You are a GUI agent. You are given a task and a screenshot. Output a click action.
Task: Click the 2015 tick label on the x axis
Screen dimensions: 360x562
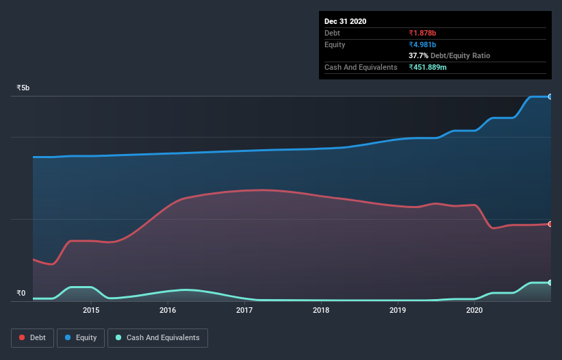(x=91, y=310)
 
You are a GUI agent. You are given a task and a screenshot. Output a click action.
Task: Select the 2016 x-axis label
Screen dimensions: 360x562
(x=168, y=310)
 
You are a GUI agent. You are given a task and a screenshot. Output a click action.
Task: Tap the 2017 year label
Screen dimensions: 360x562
(x=244, y=310)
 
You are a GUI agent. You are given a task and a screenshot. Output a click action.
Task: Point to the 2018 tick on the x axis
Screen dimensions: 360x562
(x=321, y=310)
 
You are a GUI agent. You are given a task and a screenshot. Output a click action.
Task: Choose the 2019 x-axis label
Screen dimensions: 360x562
(x=398, y=310)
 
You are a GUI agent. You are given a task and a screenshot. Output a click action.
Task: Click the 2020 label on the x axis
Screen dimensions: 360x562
(x=474, y=310)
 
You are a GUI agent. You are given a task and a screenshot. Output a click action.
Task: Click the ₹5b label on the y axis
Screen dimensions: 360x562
(x=23, y=88)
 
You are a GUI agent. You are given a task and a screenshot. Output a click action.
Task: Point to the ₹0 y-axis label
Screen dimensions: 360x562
(x=21, y=294)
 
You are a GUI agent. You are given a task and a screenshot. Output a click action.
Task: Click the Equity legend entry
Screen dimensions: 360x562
(x=81, y=337)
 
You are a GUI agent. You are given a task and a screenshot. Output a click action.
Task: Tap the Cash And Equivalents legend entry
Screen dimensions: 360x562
(x=157, y=337)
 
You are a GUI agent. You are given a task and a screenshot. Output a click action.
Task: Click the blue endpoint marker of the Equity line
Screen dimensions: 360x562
(x=550, y=97)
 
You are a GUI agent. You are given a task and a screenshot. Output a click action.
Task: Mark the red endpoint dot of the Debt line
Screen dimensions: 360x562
(x=550, y=224)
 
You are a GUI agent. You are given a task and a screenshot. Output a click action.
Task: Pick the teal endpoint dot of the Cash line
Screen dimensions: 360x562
(x=550, y=282)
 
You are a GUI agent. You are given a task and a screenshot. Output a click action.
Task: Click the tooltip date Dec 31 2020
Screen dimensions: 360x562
(x=345, y=21)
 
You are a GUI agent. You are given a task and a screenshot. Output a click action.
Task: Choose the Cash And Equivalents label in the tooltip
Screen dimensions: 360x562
(x=361, y=67)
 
